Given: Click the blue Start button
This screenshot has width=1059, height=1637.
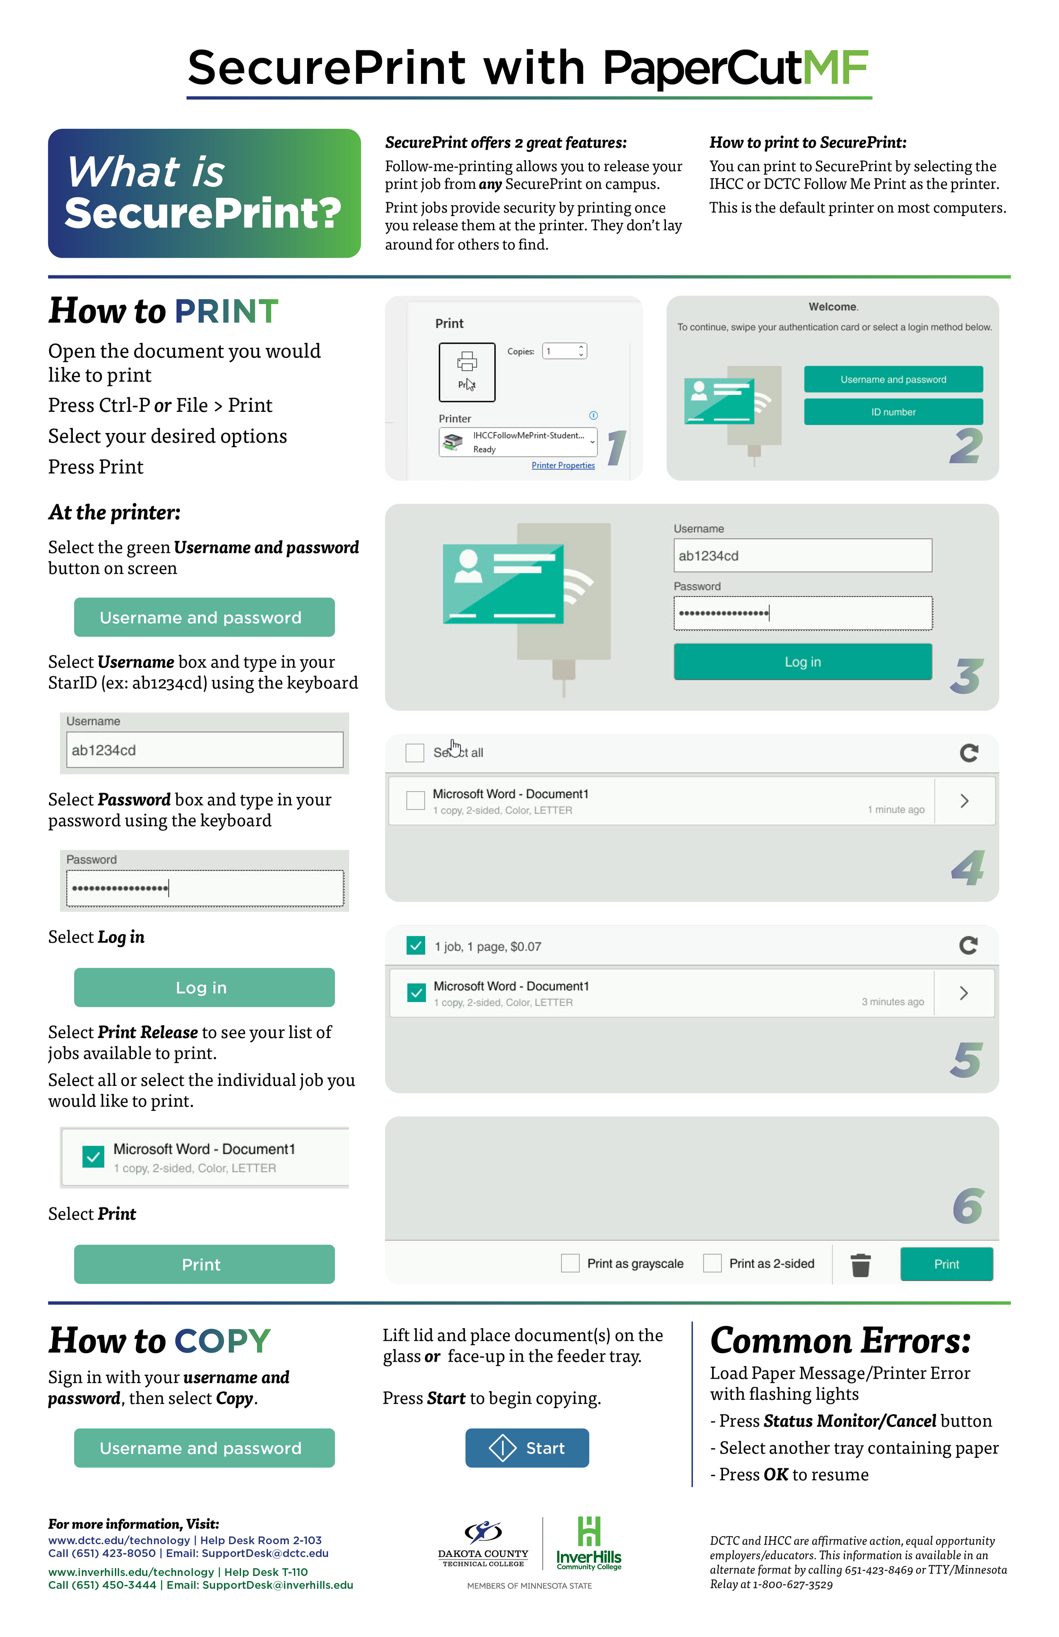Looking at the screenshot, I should [527, 1448].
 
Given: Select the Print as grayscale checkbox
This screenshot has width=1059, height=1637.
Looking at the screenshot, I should [570, 1263].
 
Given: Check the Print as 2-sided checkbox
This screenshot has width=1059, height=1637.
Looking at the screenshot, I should [712, 1263].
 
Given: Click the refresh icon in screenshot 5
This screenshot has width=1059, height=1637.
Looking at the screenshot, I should [968, 945].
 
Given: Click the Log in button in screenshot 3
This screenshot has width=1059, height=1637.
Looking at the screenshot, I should [802, 662].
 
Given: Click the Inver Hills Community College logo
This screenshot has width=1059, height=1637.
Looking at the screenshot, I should [589, 1544].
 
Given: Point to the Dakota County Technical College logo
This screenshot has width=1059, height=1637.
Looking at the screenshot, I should [483, 1544].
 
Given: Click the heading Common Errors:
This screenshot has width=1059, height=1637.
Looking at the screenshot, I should [840, 1340].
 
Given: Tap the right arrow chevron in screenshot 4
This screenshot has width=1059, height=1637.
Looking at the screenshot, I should [964, 801].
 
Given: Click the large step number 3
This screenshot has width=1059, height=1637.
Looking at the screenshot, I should [967, 677].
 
